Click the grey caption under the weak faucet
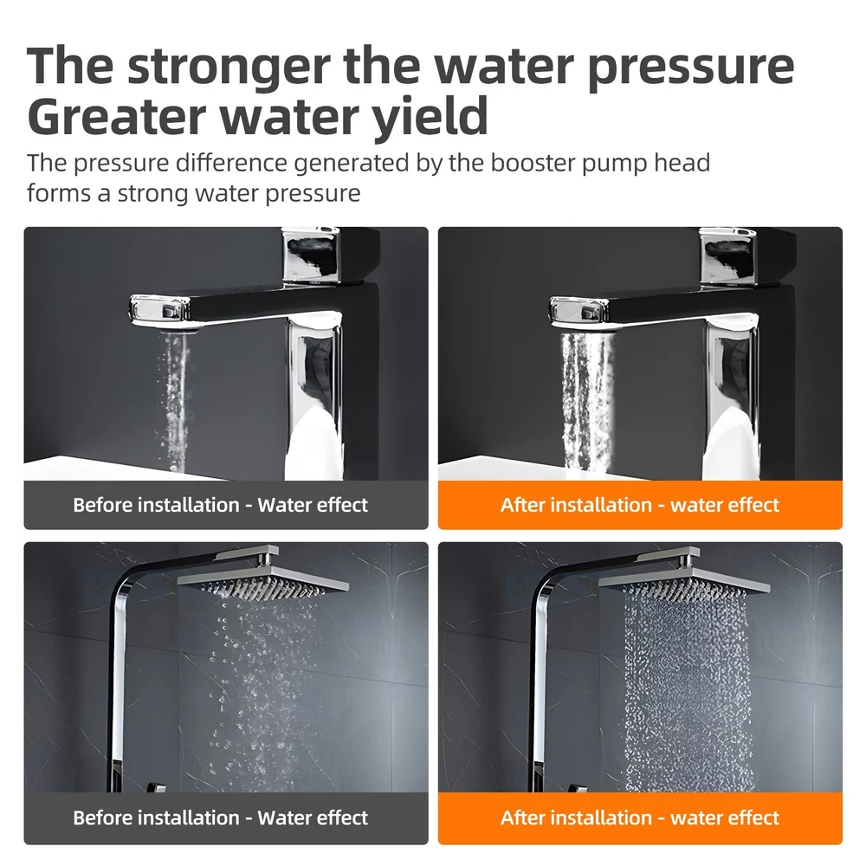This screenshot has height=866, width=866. tap(220, 505)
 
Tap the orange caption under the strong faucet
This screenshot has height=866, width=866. tap(640, 505)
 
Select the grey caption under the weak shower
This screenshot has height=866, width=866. tap(220, 818)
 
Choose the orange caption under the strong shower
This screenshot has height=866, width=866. tap(640, 818)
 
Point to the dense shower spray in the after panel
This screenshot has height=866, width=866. tap(688, 690)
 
